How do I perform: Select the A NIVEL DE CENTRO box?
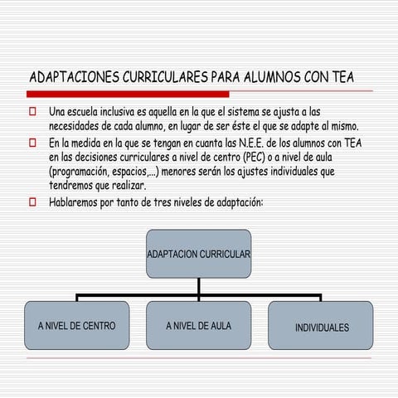76,325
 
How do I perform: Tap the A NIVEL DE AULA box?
198,325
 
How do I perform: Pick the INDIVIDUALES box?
321,326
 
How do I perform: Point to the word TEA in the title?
340,77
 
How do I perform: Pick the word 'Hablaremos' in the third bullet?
78,201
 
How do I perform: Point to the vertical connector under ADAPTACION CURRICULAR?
199,286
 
